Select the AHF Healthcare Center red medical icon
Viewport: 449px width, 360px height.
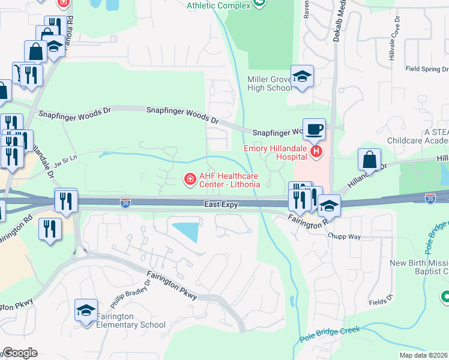click(190, 179)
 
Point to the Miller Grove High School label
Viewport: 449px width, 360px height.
click(270, 83)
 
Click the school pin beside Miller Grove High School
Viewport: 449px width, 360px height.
click(302, 76)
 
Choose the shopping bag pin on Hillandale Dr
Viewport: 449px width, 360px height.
click(369, 160)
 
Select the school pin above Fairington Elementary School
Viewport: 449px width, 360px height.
click(86, 310)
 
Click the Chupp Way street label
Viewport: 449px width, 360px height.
click(344, 236)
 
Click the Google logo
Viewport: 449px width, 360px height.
click(19, 353)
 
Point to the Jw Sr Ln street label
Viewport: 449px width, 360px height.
click(66, 161)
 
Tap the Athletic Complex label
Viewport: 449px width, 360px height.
click(217, 5)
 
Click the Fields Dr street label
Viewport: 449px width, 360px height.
click(381, 302)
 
